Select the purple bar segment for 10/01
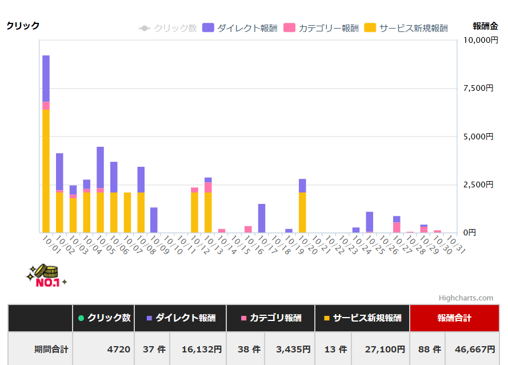click(46, 78)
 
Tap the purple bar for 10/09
click(154, 220)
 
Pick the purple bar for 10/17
click(262, 218)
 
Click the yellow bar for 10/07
click(127, 212)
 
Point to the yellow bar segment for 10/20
click(302, 212)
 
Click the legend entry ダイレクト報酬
click(240, 28)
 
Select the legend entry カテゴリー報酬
click(322, 28)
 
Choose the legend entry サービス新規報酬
click(406, 28)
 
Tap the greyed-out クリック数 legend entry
click(168, 28)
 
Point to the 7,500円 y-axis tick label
click(477, 88)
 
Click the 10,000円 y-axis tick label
click(477, 40)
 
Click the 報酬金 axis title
click(485, 26)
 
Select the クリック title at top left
click(23, 26)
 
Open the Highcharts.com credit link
click(466, 298)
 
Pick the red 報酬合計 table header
click(454, 318)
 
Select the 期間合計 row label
click(51, 349)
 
